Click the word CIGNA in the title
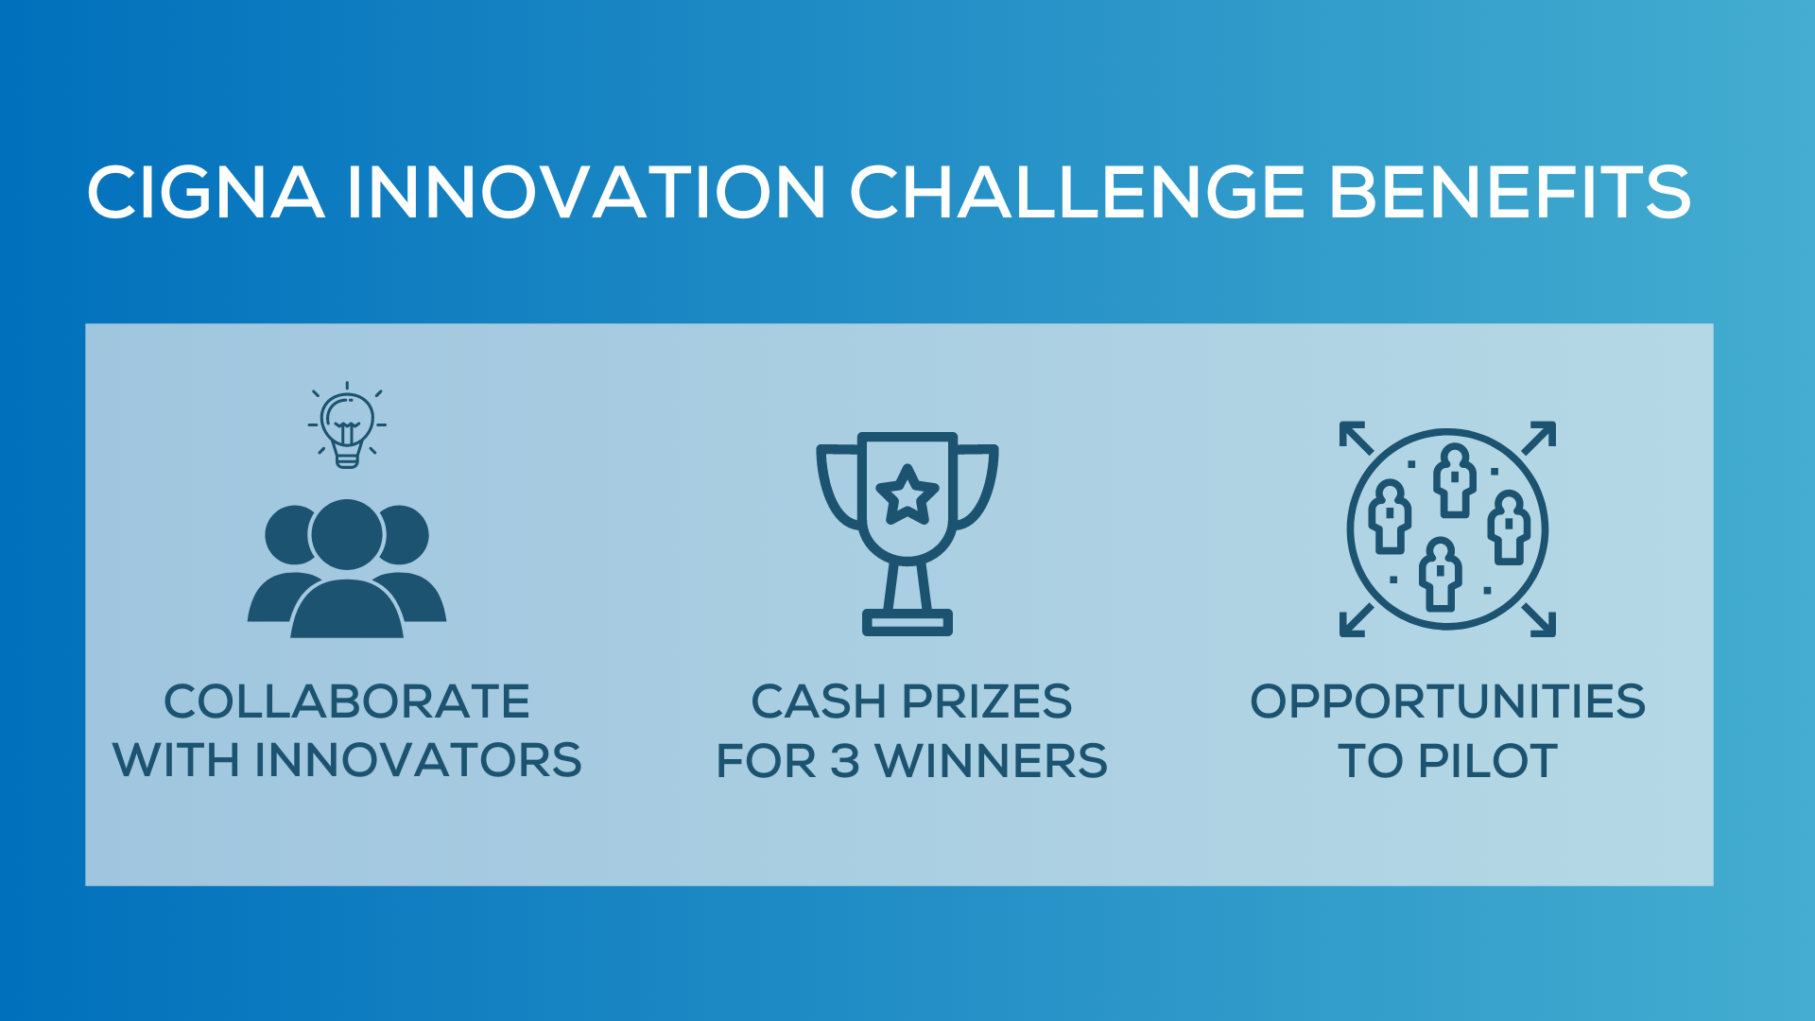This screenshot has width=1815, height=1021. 205,193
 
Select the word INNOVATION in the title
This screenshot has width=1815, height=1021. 586,193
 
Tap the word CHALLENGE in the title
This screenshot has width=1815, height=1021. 1078,193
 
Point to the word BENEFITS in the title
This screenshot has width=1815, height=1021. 1510,193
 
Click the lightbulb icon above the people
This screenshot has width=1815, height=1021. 347,426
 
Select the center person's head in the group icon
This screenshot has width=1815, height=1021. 347,534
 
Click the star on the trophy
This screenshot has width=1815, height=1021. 907,494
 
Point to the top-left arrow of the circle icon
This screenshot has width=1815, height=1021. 1357,438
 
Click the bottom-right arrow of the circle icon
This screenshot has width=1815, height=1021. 1539,620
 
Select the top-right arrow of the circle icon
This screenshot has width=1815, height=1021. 1539,438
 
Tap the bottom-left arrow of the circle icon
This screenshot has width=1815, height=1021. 1357,620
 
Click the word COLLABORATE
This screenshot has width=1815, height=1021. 347,701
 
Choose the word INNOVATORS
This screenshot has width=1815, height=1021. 418,761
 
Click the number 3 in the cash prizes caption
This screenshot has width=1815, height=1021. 844,762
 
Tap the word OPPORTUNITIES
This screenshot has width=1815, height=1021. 1447,701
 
